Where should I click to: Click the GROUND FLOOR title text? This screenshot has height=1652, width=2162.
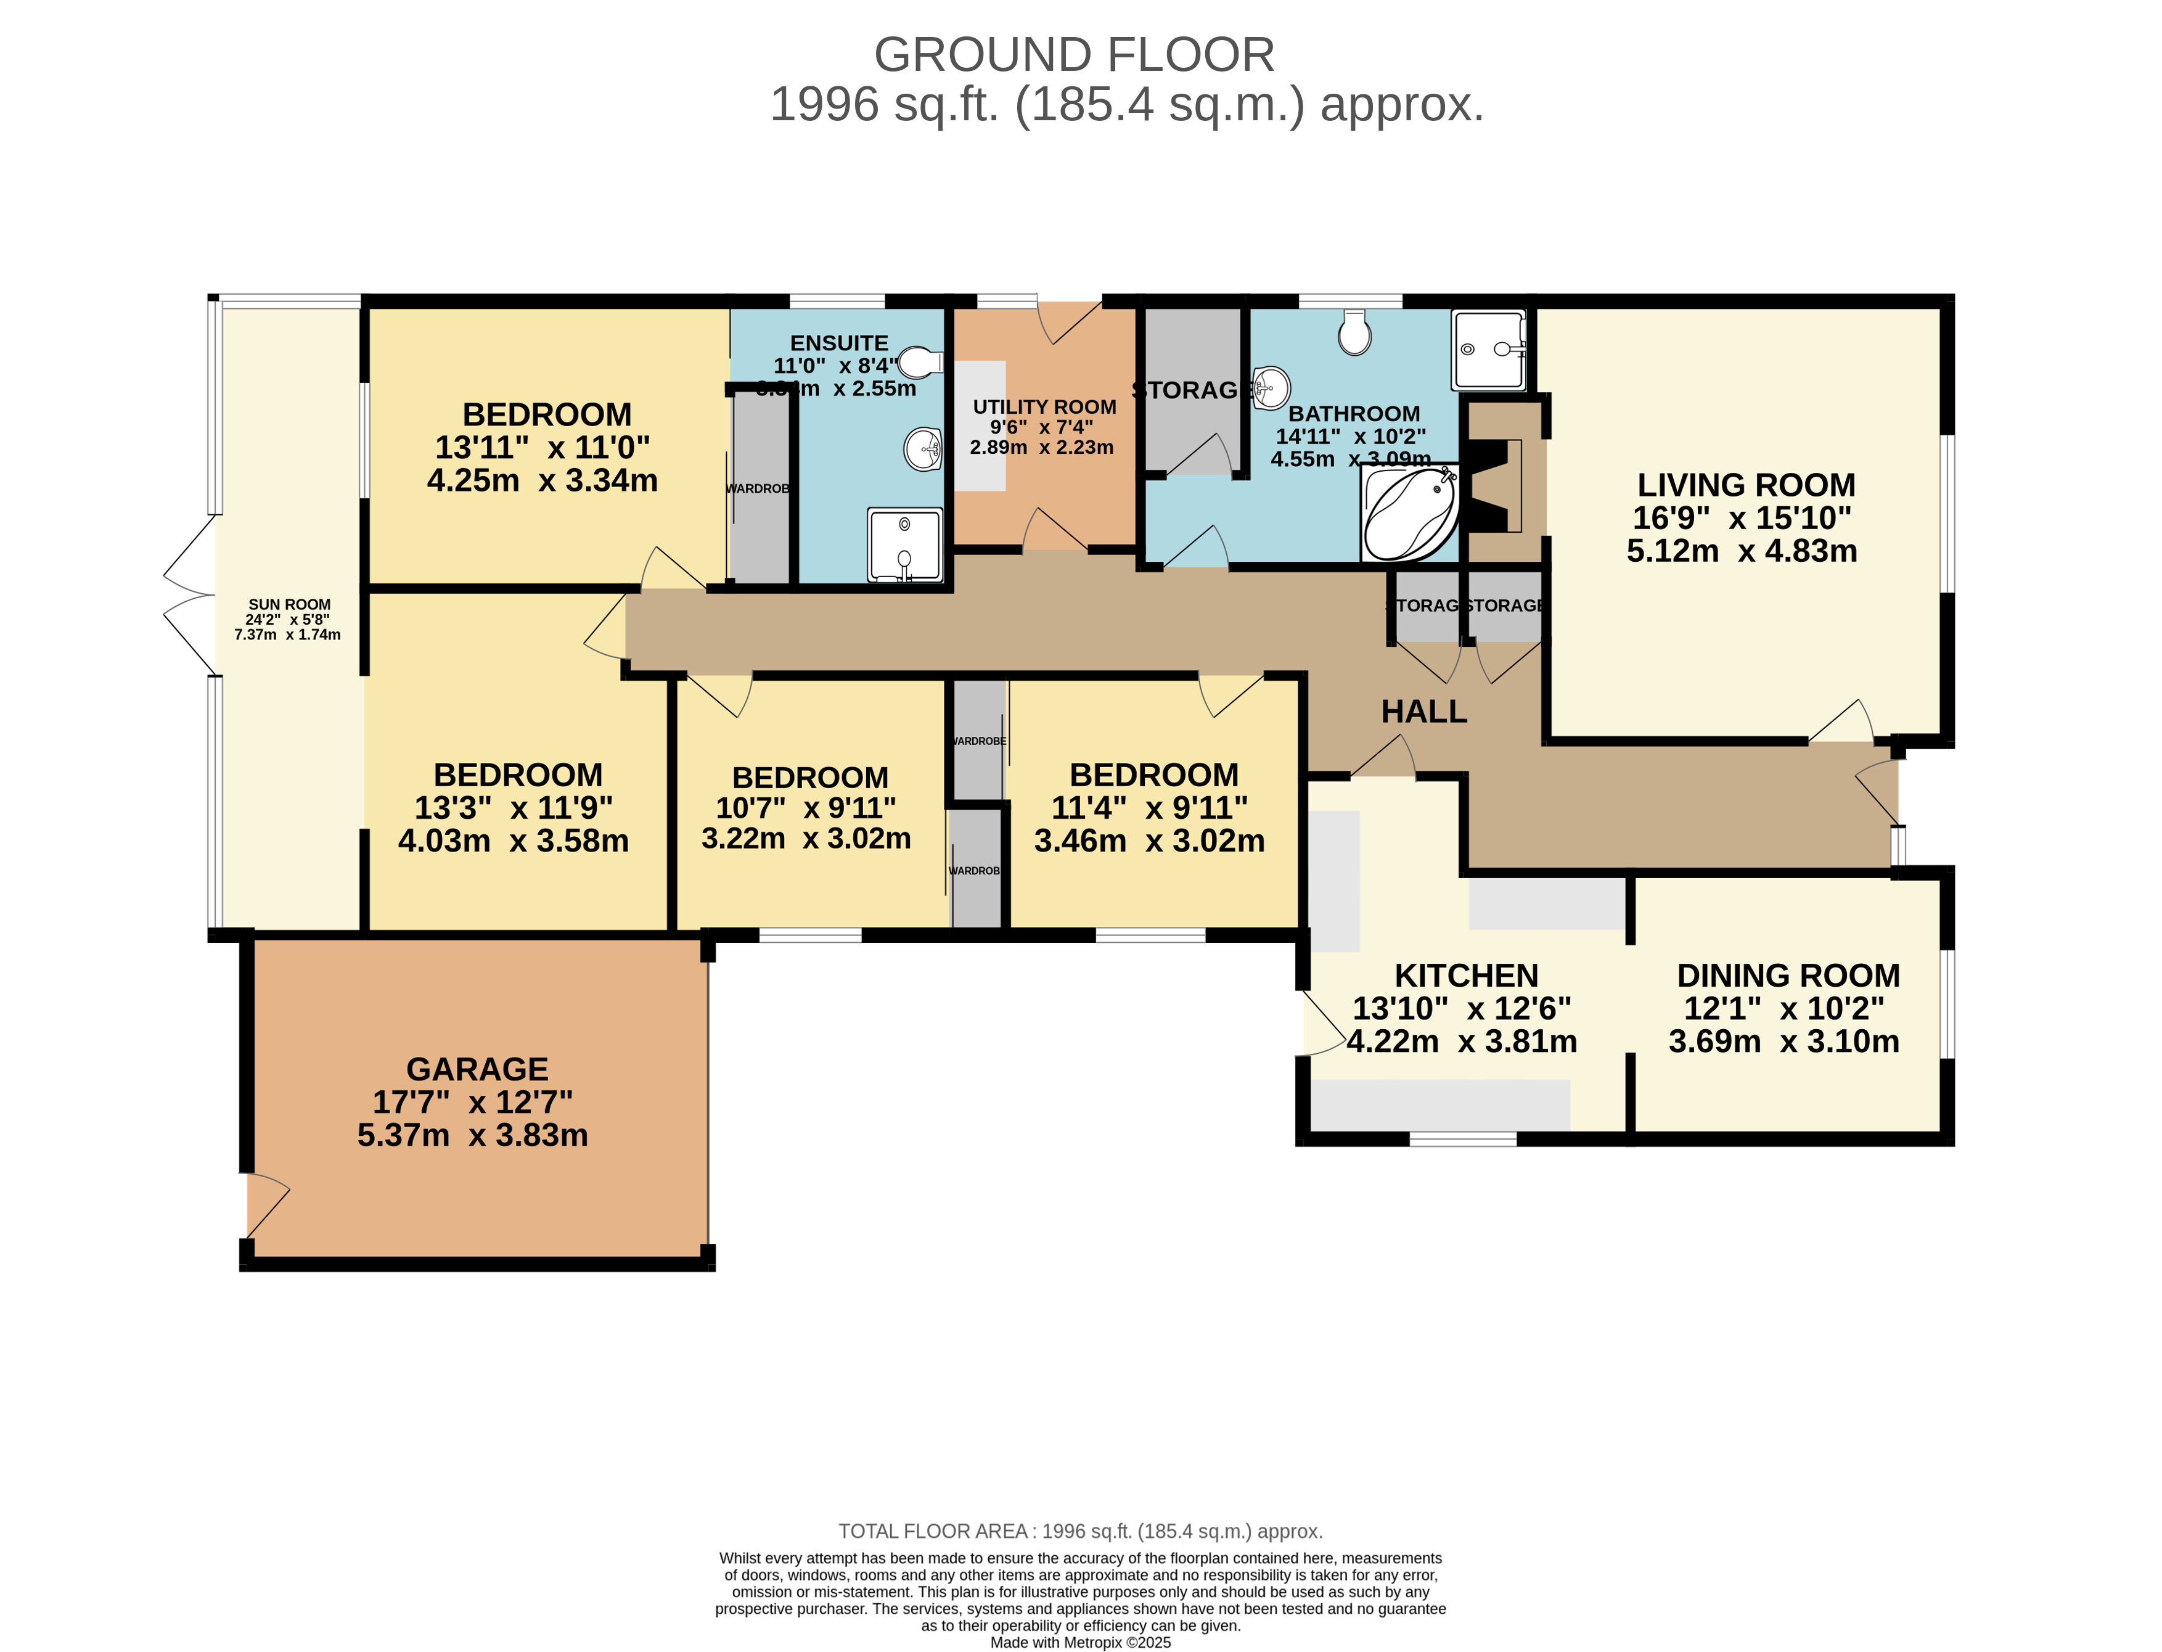pyautogui.click(x=1074, y=55)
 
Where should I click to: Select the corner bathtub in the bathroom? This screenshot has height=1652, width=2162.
pyautogui.click(x=1408, y=513)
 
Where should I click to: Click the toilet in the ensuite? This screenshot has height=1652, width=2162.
pyautogui.click(x=919, y=362)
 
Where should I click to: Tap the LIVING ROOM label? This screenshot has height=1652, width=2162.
pyautogui.click(x=1745, y=485)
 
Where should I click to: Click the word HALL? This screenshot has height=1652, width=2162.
pyautogui.click(x=1423, y=711)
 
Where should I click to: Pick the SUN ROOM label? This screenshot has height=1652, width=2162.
pyautogui.click(x=289, y=604)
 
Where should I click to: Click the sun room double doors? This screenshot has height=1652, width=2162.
pyautogui.click(x=190, y=596)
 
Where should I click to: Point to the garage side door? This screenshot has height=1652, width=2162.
pyautogui.click(x=266, y=1204)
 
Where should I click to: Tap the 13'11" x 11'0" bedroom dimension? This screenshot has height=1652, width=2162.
pyautogui.click(x=542, y=448)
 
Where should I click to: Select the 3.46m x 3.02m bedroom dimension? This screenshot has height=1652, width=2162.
pyautogui.click(x=1149, y=840)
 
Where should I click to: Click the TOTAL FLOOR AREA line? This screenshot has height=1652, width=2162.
pyautogui.click(x=1079, y=1531)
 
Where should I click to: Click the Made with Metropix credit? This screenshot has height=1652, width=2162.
pyautogui.click(x=1079, y=1642)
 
